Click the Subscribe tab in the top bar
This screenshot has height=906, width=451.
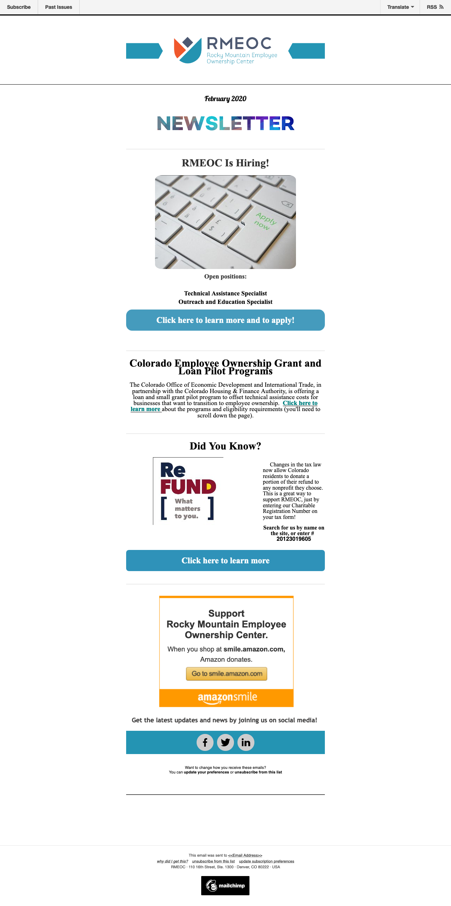click(x=19, y=7)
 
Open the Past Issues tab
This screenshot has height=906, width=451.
click(x=58, y=7)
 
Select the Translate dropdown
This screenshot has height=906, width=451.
click(x=400, y=7)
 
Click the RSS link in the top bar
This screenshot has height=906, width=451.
click(x=435, y=7)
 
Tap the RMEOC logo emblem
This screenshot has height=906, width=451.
click(x=187, y=50)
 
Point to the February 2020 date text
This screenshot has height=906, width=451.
click(x=225, y=99)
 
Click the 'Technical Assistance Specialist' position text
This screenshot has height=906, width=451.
click(x=225, y=293)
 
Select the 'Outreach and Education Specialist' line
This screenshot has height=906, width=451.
click(x=225, y=302)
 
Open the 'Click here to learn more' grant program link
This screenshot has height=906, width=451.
click(x=300, y=403)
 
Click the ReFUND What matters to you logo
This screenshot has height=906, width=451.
click(x=188, y=491)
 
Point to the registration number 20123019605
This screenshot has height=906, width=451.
click(x=294, y=539)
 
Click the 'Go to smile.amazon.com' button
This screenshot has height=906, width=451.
click(x=227, y=674)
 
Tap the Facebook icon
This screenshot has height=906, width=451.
click(x=205, y=742)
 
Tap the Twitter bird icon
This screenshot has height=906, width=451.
click(x=225, y=742)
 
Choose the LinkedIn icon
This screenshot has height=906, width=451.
click(x=246, y=742)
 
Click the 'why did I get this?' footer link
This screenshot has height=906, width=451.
click(x=172, y=861)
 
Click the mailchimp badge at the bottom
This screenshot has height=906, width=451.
click(x=225, y=886)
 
